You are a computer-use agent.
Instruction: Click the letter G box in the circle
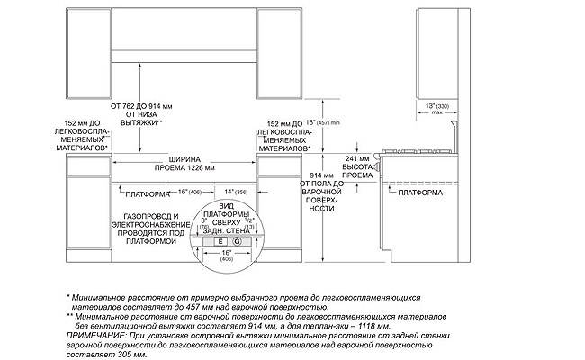[237, 242]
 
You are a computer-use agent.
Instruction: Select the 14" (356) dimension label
[236, 193]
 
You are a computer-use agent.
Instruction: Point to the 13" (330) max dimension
[436, 108]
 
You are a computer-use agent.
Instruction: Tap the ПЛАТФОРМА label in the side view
[418, 192]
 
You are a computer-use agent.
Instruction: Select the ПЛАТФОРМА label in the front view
[148, 193]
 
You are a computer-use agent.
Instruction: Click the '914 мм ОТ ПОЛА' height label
[320, 191]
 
